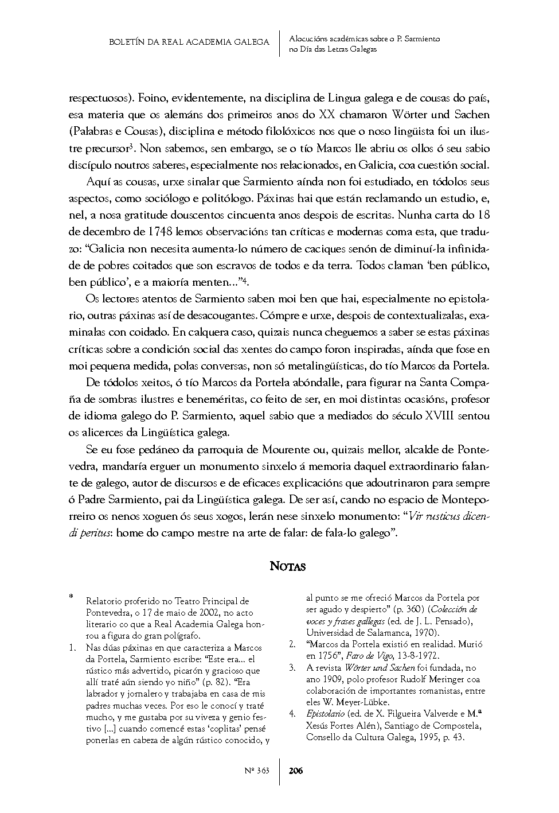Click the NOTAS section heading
coord(288,567)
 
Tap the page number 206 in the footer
coord(296,771)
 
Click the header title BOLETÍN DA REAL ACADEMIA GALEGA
coord(189,42)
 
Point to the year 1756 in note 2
coord(323,655)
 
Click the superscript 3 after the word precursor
coord(131,146)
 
